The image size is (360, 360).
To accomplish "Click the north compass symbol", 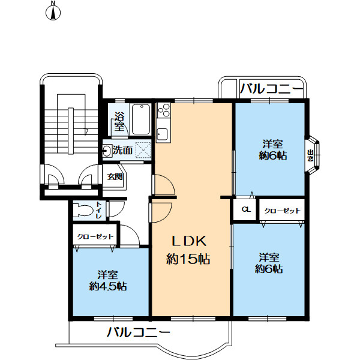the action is click(53, 12).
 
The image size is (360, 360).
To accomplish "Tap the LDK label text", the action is click(189, 241).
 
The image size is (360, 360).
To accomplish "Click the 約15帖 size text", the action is click(188, 259).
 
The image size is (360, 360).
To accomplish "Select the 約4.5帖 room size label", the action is click(108, 286).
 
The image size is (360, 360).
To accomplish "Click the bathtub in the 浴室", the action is click(141, 119).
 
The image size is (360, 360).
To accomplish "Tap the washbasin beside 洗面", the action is click(107, 151).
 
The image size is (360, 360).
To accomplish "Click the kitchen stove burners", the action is click(164, 110).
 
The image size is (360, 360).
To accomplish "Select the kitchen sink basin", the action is click(162, 134).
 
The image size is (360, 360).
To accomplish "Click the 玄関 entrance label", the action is click(115, 177).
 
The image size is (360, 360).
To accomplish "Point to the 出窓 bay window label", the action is click(310, 155).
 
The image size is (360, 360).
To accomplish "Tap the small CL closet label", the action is click(246, 209).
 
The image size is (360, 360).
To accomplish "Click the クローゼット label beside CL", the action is click(282, 211).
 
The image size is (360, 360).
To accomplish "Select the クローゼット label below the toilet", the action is click(95, 236).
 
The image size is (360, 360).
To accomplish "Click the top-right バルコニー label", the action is click(271, 89).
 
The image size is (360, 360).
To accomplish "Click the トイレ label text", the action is click(99, 210).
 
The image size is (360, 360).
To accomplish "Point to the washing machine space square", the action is click(143, 150).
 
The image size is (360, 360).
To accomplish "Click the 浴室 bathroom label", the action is click(119, 122).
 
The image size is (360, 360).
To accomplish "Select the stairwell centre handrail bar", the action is click(71, 130).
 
